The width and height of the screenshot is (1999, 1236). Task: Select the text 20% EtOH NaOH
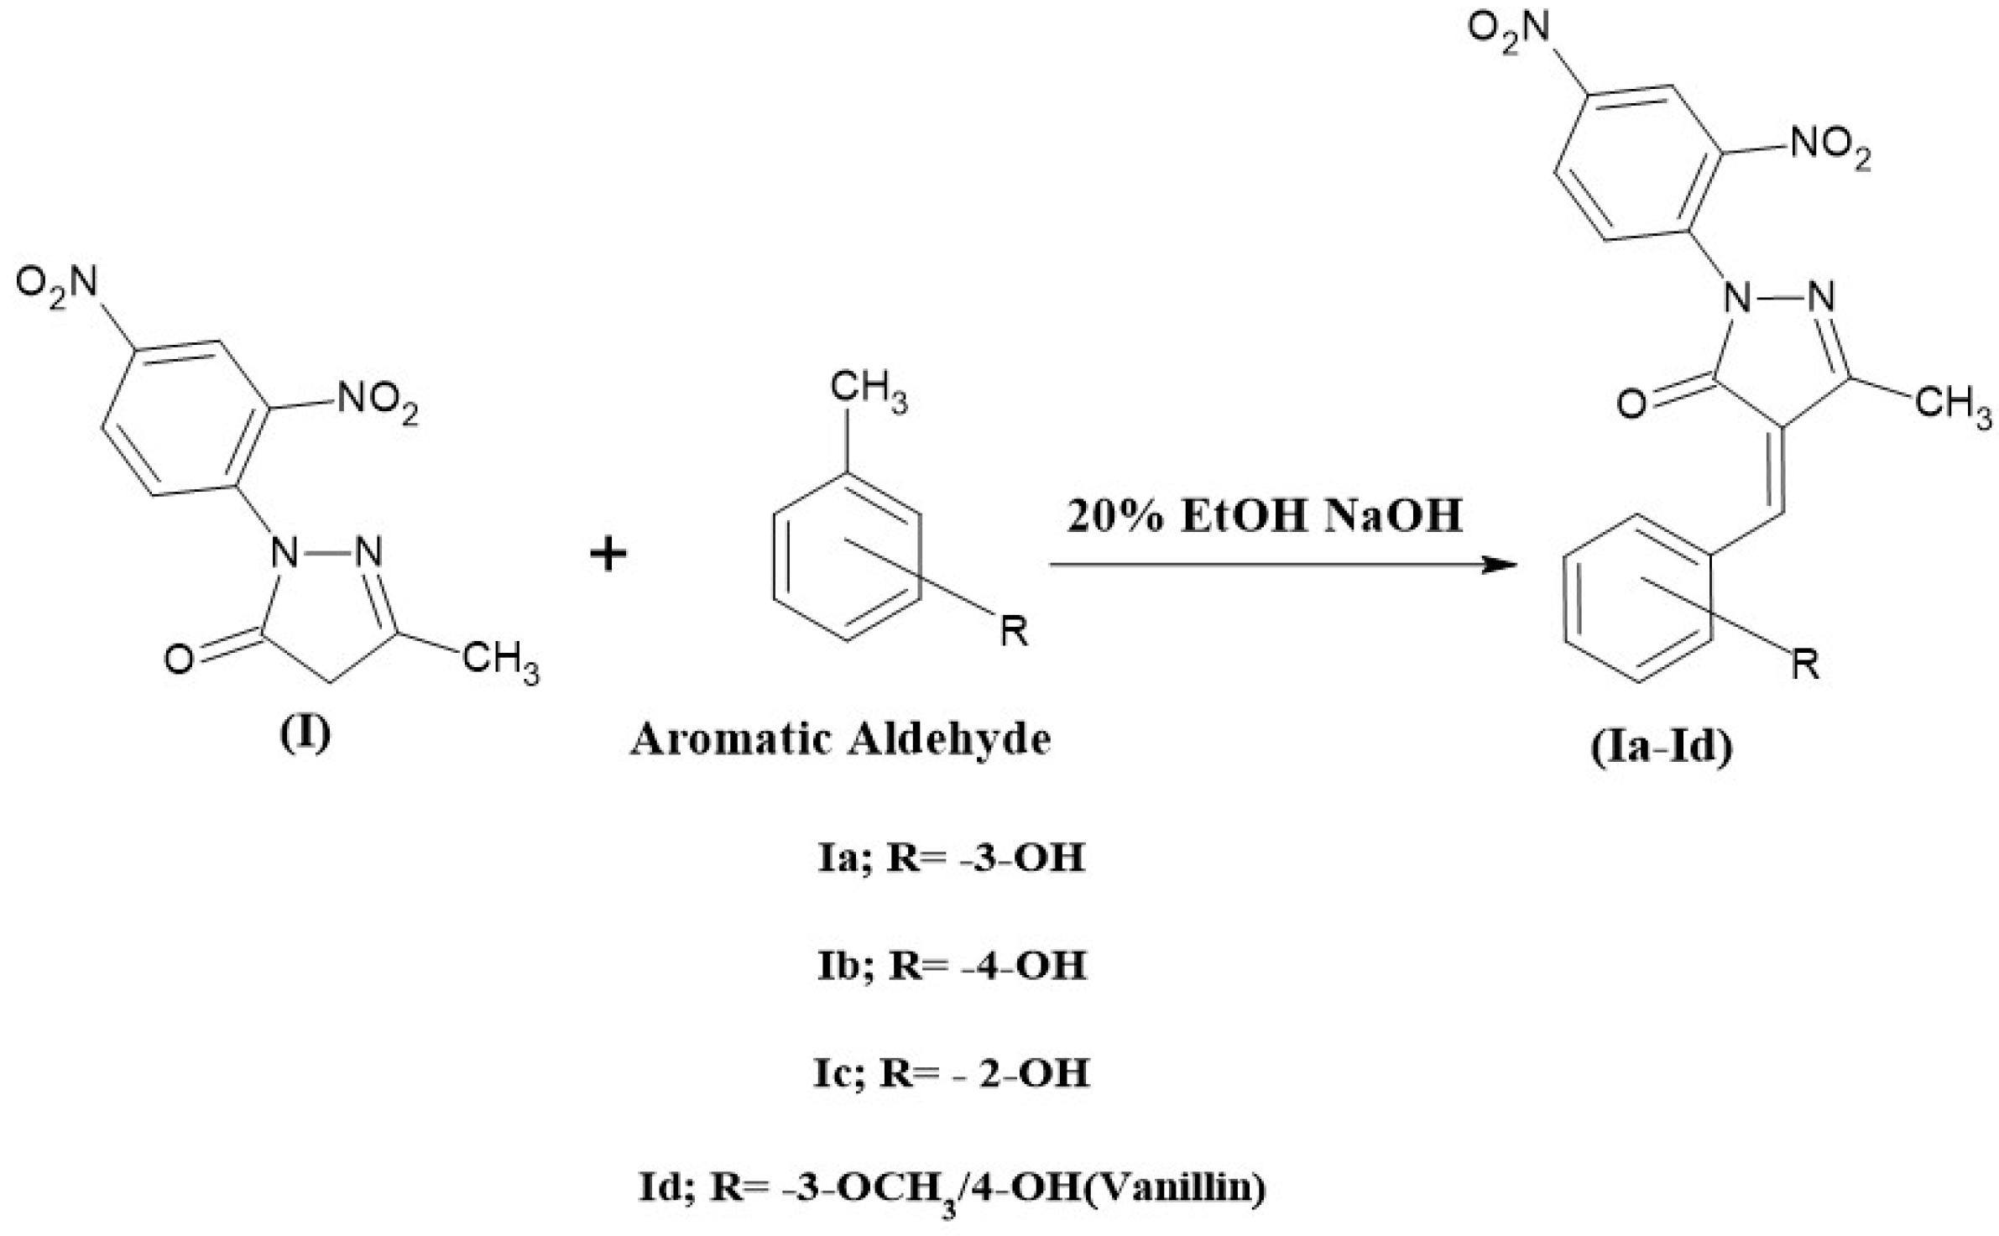tap(1265, 516)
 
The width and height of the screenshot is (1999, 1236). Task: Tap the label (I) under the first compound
tap(305, 733)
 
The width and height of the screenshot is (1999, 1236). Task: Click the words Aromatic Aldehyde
tap(840, 740)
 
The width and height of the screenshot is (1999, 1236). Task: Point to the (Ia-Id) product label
tap(1661, 747)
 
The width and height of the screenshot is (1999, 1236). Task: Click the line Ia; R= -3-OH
tap(951, 858)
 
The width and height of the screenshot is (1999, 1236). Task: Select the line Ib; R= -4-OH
tap(951, 966)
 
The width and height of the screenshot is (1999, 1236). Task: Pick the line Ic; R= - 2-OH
tap(951, 1072)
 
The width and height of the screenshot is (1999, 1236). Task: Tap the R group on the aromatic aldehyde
tap(1014, 631)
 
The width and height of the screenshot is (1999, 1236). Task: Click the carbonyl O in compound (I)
tap(178, 660)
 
